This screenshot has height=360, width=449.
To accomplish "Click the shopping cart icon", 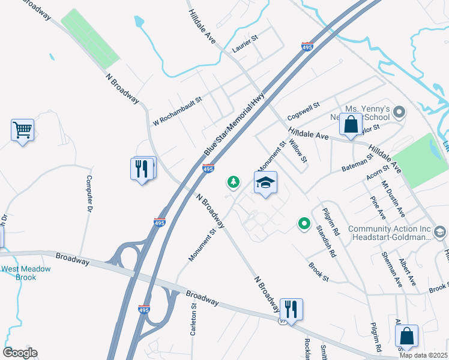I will pos(22,130).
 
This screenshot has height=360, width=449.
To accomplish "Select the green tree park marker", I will pos(233,181).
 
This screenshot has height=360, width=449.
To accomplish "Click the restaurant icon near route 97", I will pos(291,310).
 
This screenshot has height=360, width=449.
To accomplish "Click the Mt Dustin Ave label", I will pos(394,200).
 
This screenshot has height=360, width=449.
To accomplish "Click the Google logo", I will pos(20,353).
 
